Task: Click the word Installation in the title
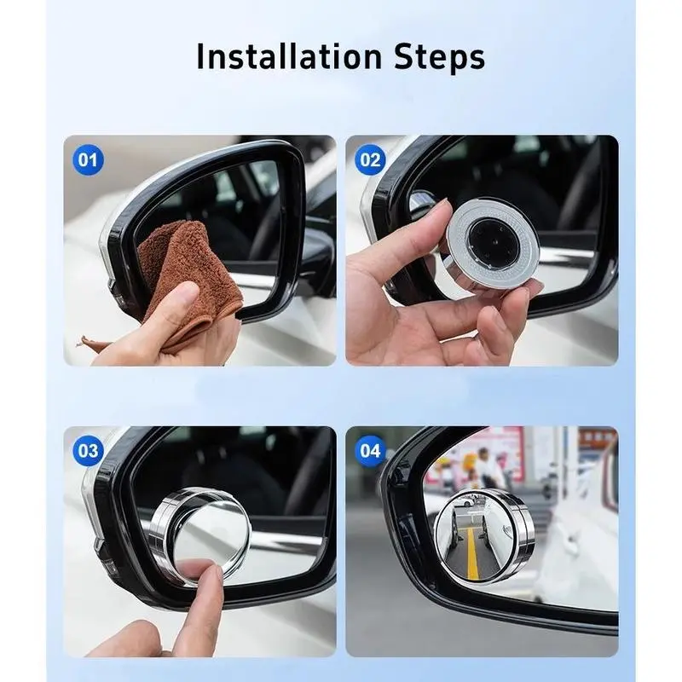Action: (x=289, y=56)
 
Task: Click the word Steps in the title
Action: (x=439, y=58)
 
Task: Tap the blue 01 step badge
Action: (x=88, y=160)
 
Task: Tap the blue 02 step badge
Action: (x=370, y=160)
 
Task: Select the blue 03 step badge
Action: (x=88, y=451)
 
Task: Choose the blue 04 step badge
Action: (x=370, y=451)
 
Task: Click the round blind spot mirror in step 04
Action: (x=484, y=536)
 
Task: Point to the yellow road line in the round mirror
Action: (x=472, y=552)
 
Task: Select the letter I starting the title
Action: (x=200, y=56)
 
